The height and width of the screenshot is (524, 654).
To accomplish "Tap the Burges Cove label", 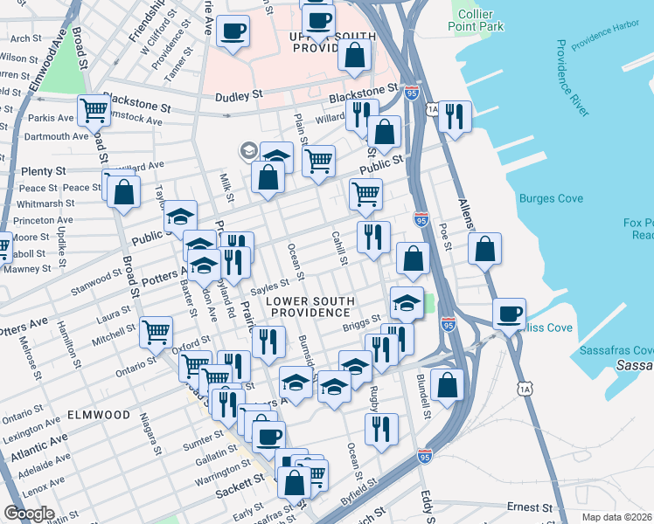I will click(550, 198).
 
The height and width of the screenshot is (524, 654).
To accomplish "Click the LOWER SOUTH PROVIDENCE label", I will click(309, 306).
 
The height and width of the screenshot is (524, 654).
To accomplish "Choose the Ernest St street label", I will click(528, 507).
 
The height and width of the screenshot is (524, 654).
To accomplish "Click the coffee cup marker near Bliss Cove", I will click(508, 313).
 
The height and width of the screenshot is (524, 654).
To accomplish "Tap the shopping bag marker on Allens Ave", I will click(484, 248).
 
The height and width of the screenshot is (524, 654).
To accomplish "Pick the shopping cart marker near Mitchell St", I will click(156, 330).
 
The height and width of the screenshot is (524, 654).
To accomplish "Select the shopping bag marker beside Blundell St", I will click(447, 383).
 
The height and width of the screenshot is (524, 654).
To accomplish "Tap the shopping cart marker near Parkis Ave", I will click(93, 110).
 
